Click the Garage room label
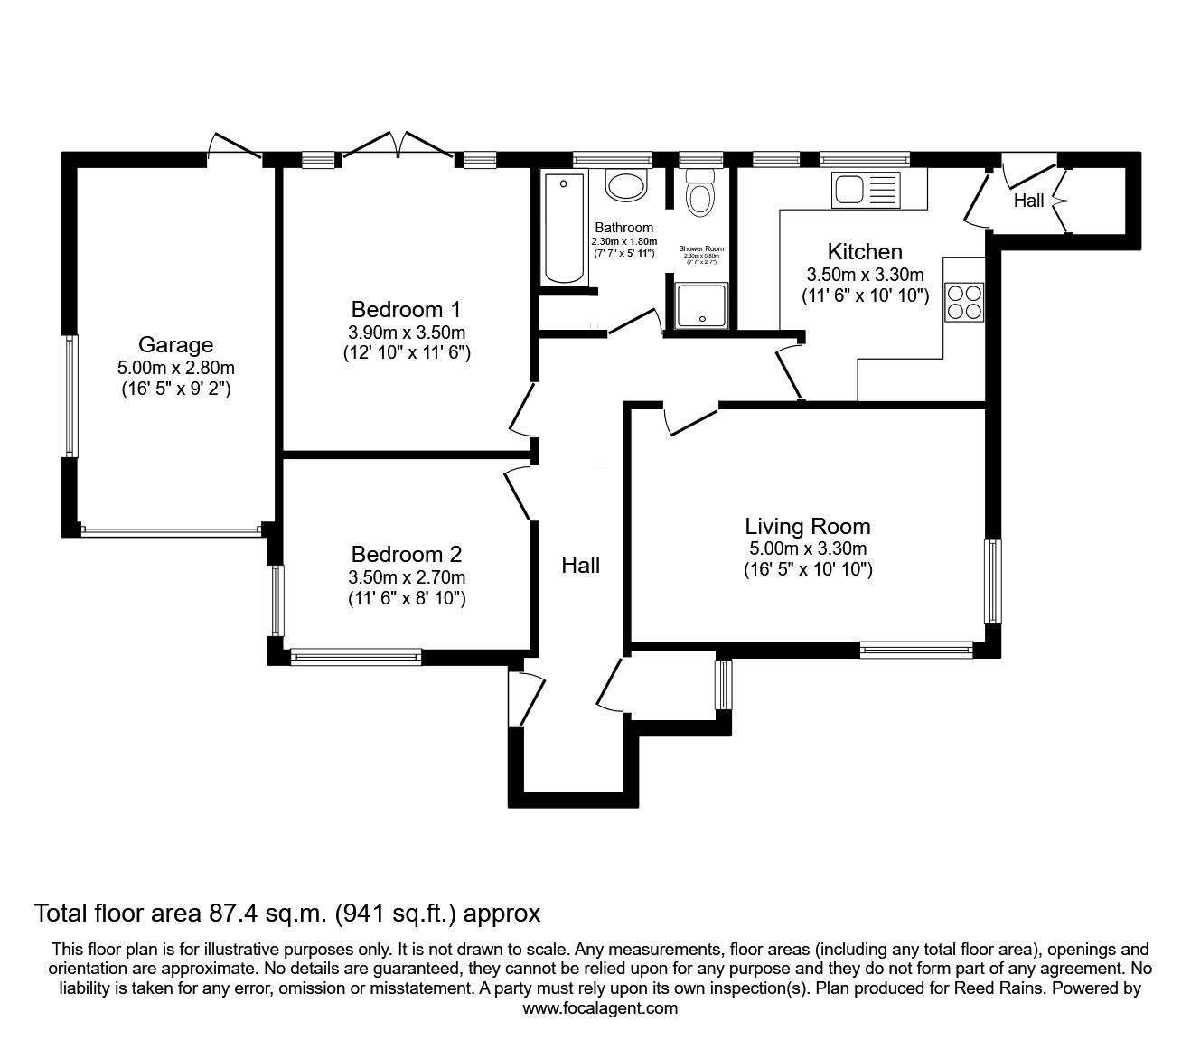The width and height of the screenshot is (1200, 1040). pyautogui.click(x=175, y=344)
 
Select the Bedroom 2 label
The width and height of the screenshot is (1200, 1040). pyautogui.click(x=406, y=554)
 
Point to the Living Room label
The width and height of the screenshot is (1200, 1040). pyautogui.click(x=807, y=526)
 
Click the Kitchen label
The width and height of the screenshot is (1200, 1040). pyautogui.click(x=865, y=252)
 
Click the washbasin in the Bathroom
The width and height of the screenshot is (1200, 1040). pyautogui.click(x=625, y=186)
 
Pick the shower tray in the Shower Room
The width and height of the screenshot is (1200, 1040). pyautogui.click(x=702, y=304)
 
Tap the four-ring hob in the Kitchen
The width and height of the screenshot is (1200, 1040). pyautogui.click(x=963, y=302)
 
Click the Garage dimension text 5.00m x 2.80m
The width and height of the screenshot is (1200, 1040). pyautogui.click(x=175, y=368)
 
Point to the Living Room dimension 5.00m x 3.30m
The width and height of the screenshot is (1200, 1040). pyautogui.click(x=807, y=548)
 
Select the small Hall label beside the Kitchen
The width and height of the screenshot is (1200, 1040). pyautogui.click(x=1028, y=201)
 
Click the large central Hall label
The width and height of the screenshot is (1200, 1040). pyautogui.click(x=580, y=566)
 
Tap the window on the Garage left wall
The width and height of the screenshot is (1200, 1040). pyautogui.click(x=69, y=396)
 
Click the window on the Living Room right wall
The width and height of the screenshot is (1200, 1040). pyautogui.click(x=992, y=581)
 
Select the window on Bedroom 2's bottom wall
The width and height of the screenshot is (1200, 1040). pyautogui.click(x=355, y=657)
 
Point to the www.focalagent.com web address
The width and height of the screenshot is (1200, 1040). pyautogui.click(x=600, y=1008)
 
